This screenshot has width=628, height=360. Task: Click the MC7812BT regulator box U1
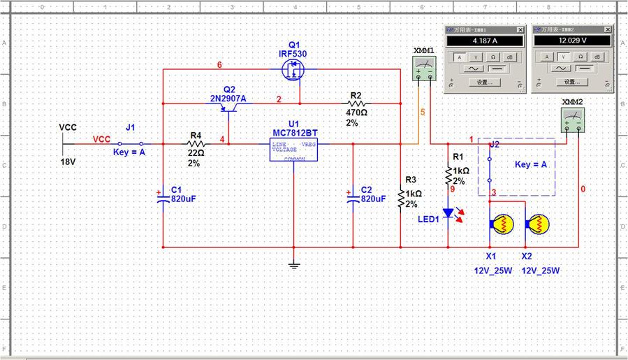(293, 149)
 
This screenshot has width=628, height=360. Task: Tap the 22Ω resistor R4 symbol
(196, 144)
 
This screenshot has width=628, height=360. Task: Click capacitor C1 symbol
(163, 199)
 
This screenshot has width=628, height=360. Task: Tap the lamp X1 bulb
(501, 224)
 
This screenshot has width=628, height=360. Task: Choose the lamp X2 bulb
(538, 224)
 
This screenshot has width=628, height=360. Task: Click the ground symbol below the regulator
(293, 264)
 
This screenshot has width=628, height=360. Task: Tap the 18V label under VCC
(67, 161)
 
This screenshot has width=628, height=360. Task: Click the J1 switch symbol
(130, 144)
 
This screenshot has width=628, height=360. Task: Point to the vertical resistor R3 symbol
(401, 199)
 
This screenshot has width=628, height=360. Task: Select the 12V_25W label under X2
(541, 271)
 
